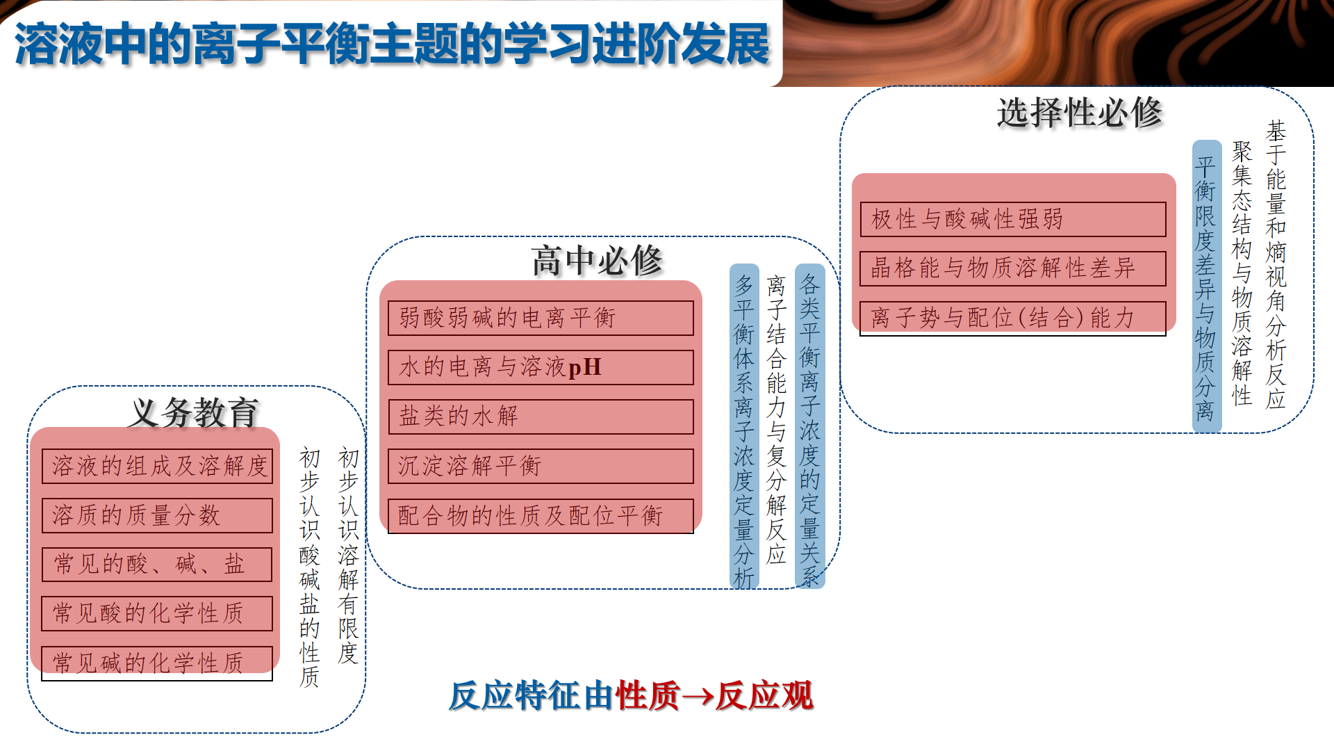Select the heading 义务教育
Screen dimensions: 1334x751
[x=194, y=412]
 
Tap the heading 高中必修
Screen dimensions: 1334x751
[x=597, y=261]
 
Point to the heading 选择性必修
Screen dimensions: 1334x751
[x=1079, y=112]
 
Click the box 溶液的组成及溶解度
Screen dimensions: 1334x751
[x=157, y=466]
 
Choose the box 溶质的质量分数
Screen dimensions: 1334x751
[x=157, y=515]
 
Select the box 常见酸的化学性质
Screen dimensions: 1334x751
[x=157, y=613]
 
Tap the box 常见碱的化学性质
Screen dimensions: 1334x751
[x=157, y=663]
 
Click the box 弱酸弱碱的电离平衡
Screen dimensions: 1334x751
[x=541, y=318]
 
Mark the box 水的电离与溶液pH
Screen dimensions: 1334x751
[x=541, y=367]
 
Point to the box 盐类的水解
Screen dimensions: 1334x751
[x=541, y=417]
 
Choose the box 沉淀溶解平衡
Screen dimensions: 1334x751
[x=541, y=466]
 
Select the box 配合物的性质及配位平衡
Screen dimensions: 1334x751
[x=541, y=516]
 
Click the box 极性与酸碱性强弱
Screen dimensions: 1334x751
[x=1013, y=219]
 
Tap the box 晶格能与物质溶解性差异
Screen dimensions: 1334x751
[x=1013, y=268]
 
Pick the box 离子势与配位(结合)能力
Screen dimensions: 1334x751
[x=1013, y=318]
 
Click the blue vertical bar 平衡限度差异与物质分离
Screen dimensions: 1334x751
[x=1207, y=286]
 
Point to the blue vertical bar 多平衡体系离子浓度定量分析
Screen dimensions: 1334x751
[x=744, y=426]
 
